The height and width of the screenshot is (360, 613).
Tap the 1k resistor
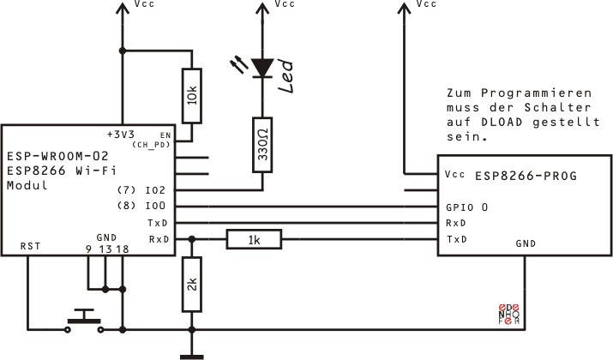(254, 239)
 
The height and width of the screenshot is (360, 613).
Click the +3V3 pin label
(121, 135)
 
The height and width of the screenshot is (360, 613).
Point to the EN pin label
(165, 135)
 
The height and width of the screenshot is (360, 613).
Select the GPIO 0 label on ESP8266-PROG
(468, 207)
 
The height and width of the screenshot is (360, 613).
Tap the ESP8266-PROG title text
(526, 176)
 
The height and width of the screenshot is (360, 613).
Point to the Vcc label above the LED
(284, 5)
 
